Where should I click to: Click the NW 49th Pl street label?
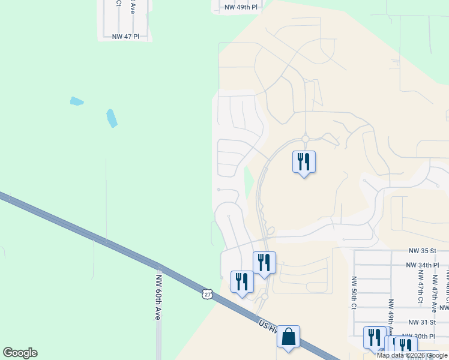[x=241, y=7]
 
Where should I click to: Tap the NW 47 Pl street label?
[x=125, y=37]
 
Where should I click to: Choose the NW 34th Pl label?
[x=423, y=265]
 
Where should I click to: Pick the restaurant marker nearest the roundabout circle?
[x=304, y=161]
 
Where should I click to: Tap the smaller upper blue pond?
[x=76, y=101]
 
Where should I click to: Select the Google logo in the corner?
[x=20, y=353]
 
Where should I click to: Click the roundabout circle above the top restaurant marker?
[x=305, y=139]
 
